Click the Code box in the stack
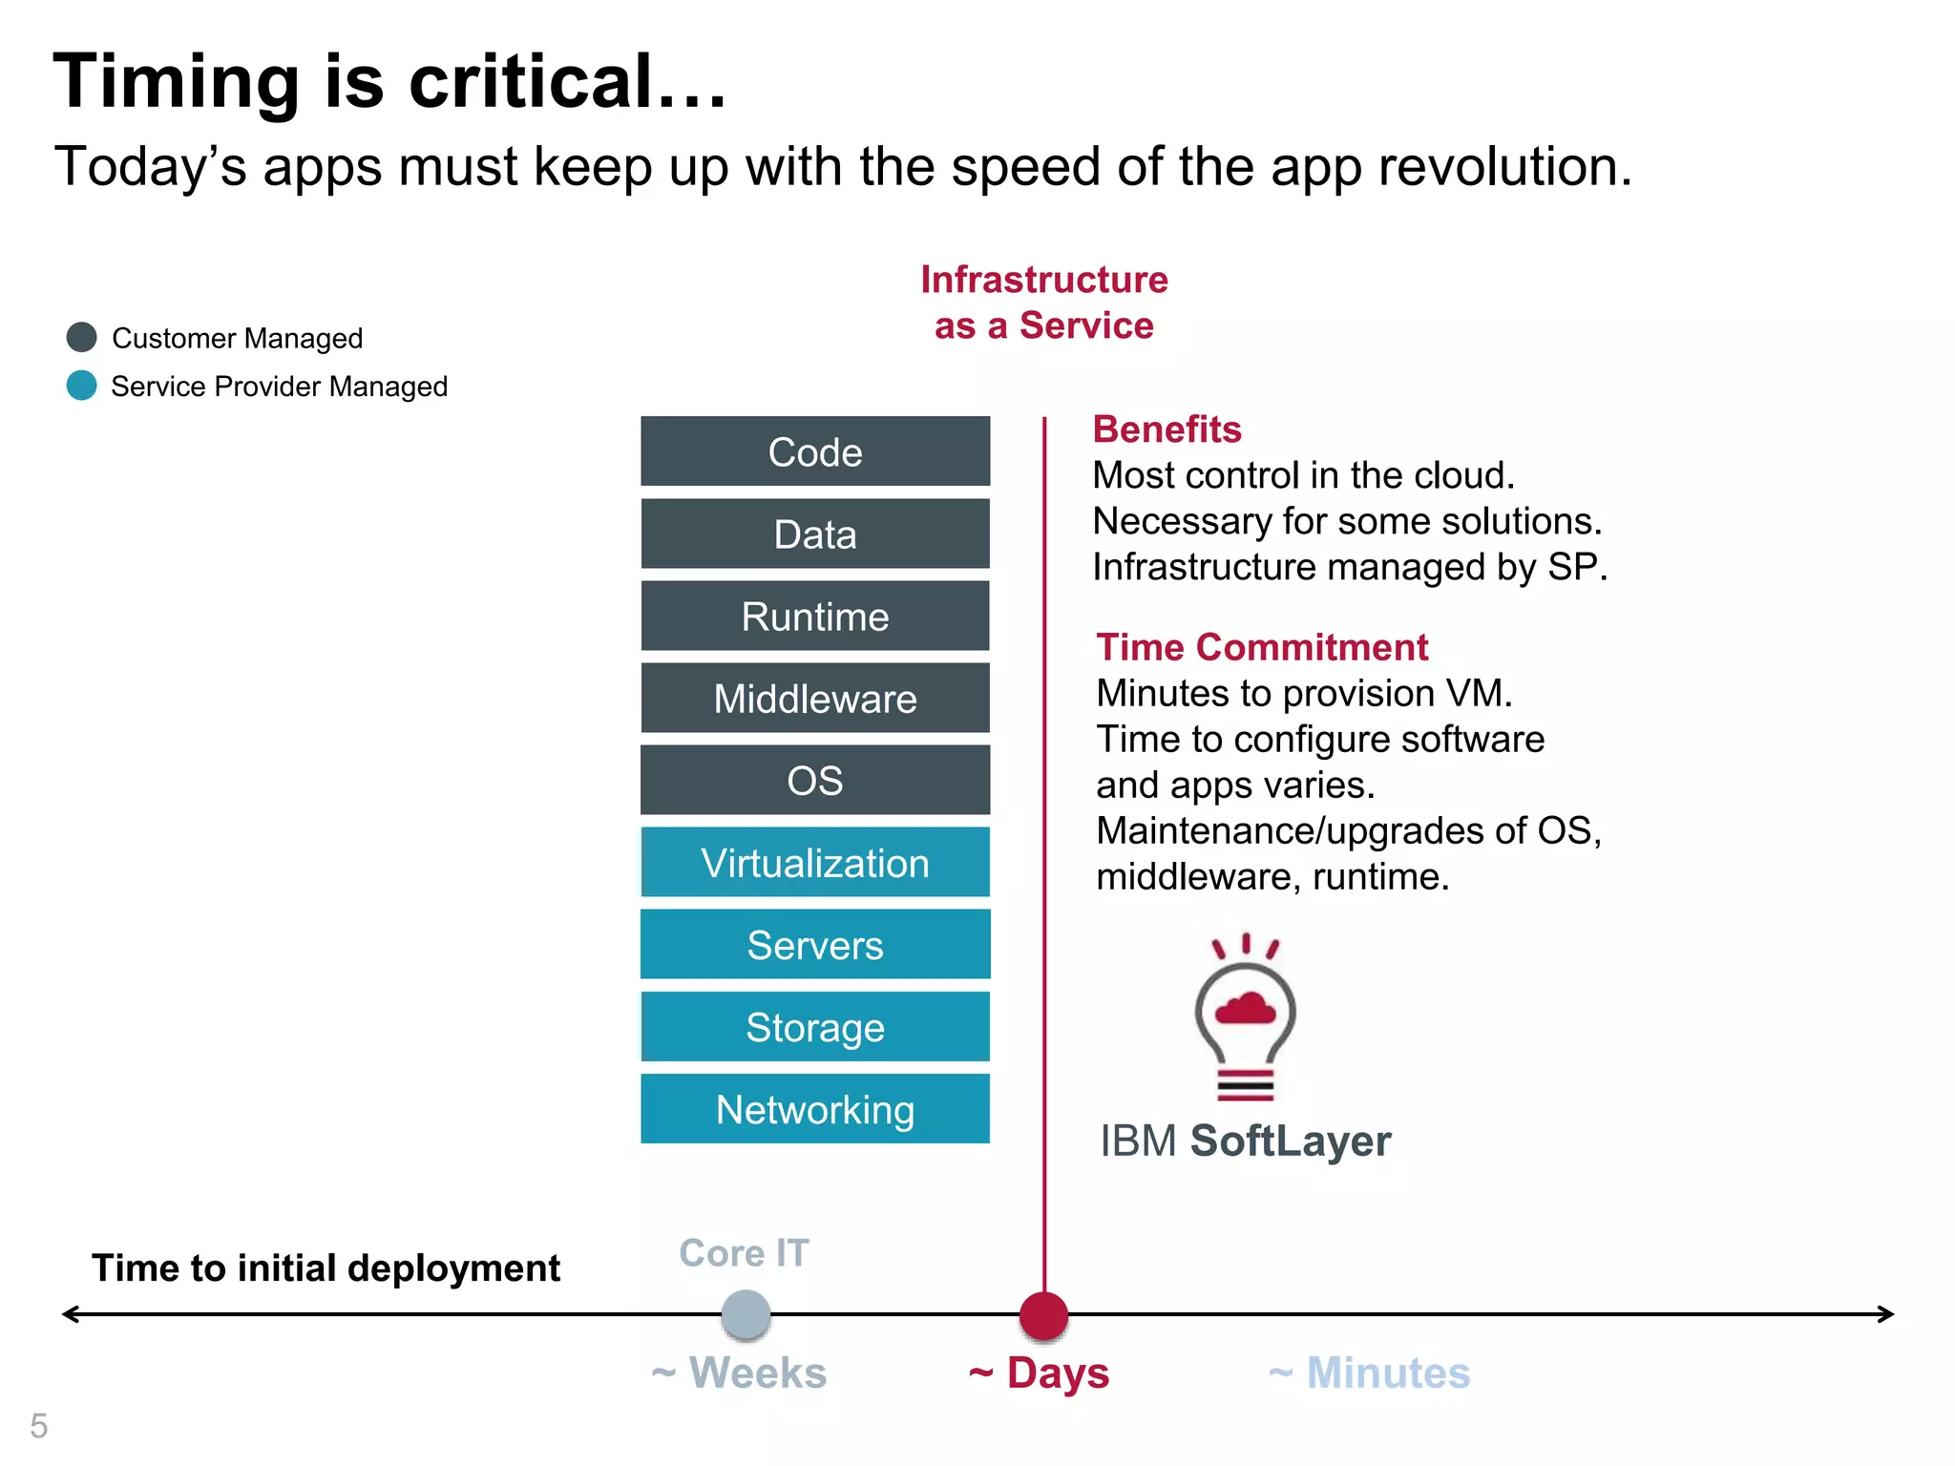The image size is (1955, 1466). (814, 451)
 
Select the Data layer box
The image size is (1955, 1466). (814, 534)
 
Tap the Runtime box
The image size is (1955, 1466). (814, 616)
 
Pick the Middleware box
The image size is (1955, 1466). (814, 698)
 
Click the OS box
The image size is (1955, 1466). (814, 780)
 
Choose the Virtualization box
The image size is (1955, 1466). (814, 862)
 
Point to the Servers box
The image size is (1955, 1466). (814, 944)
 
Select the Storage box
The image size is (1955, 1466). (814, 1026)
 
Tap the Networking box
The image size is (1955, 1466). (814, 1108)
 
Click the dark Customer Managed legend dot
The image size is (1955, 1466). (82, 337)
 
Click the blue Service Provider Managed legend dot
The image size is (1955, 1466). (82, 386)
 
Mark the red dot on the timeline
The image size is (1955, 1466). (1043, 1315)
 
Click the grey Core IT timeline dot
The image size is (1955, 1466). (746, 1315)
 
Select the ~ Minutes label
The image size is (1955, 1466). (1369, 1373)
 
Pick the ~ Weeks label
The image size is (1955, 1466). (739, 1373)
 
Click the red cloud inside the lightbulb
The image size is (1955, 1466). (1245, 1008)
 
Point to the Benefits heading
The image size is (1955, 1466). (1167, 429)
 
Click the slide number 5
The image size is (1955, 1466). (38, 1426)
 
